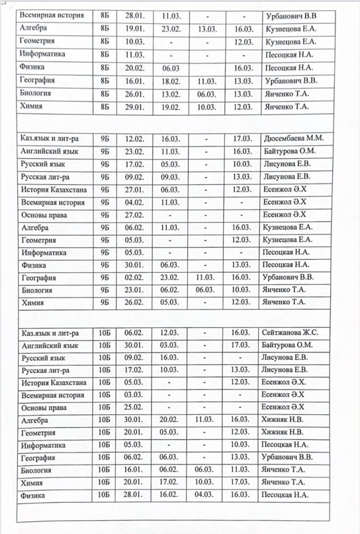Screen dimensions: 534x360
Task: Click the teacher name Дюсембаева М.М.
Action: click(x=293, y=139)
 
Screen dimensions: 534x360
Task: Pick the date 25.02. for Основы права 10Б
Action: click(x=134, y=408)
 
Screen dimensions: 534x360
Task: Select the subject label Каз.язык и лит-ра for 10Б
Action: click(x=50, y=333)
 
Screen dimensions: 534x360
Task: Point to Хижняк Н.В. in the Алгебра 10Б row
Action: click(x=285, y=420)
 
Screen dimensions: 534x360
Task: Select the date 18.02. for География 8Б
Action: click(x=171, y=81)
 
